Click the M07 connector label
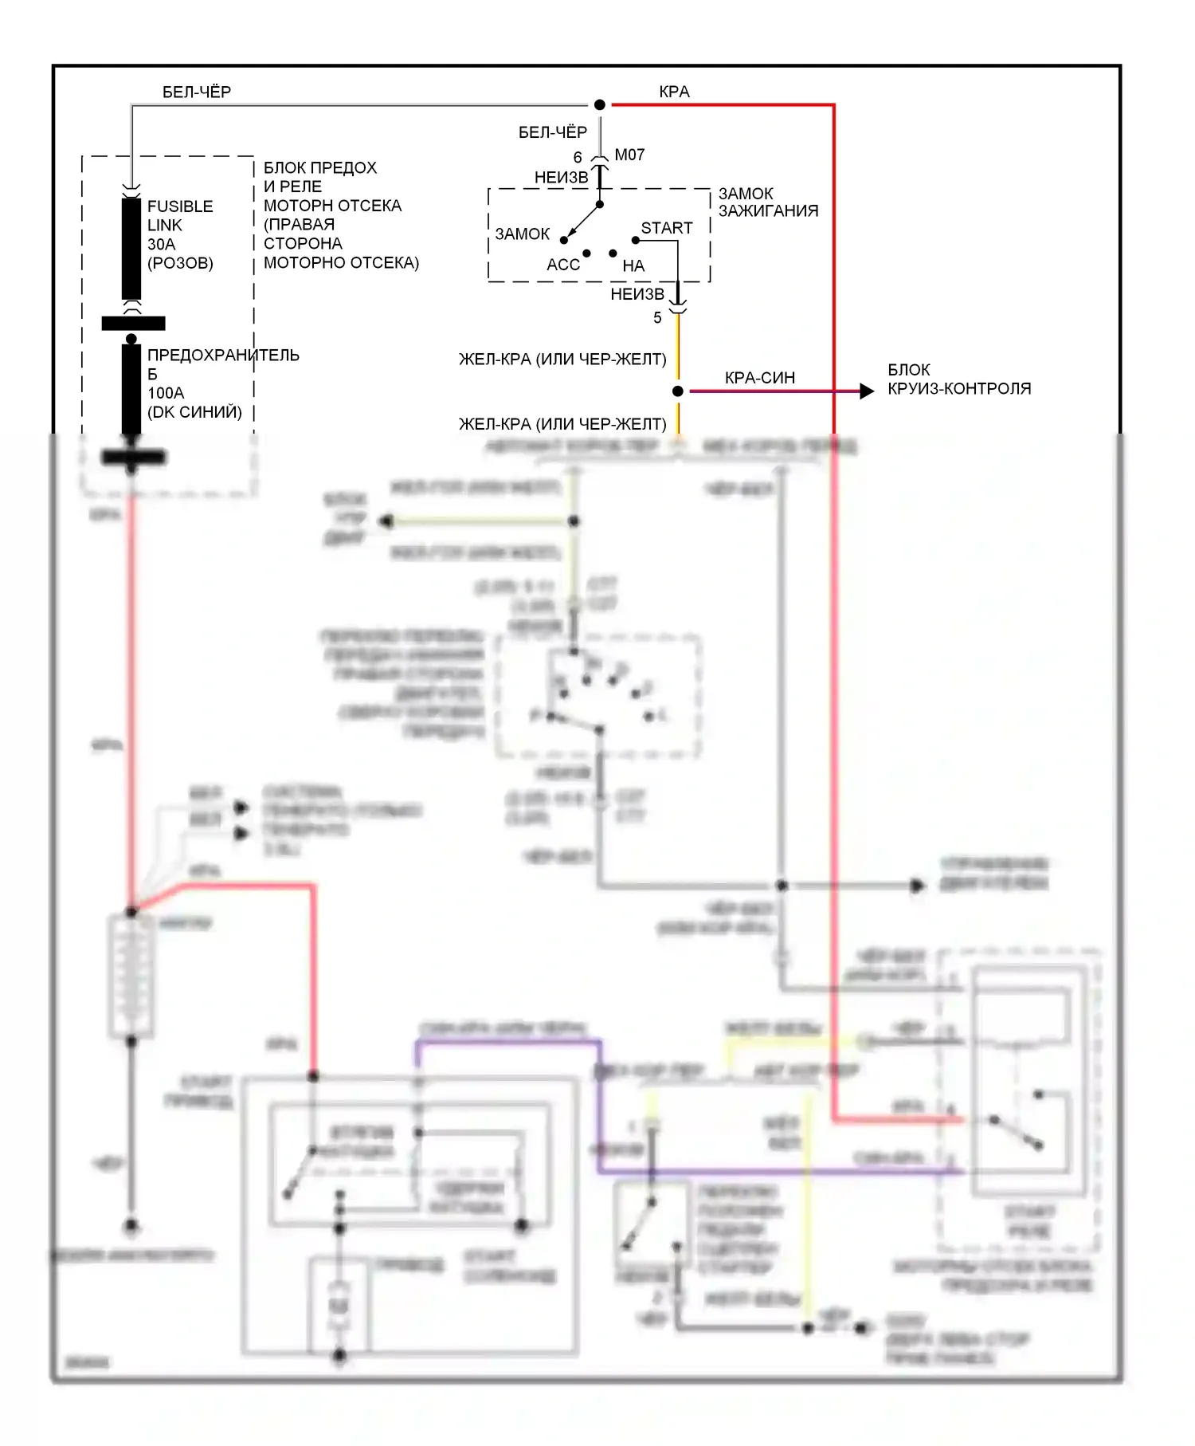click(x=629, y=155)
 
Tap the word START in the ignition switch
click(x=666, y=228)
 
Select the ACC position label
click(x=563, y=265)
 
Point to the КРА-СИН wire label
click(x=759, y=378)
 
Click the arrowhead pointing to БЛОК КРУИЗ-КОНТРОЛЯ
click(x=867, y=391)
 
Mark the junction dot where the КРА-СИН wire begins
click(x=678, y=391)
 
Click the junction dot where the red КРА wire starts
click(x=600, y=104)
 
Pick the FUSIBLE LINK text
click(x=180, y=215)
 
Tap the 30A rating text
click(x=161, y=244)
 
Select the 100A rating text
click(x=166, y=393)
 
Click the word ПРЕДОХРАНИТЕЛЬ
click(x=223, y=355)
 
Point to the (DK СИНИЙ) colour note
click(x=194, y=412)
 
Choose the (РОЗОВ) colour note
click(x=180, y=263)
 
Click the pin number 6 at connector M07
click(x=578, y=157)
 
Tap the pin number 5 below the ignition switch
click(x=657, y=317)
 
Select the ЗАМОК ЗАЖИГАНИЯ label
click(x=767, y=202)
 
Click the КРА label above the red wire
click(x=674, y=92)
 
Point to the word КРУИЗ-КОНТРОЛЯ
click(x=959, y=389)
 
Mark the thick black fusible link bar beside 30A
click(x=131, y=249)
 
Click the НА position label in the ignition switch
click(x=633, y=265)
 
